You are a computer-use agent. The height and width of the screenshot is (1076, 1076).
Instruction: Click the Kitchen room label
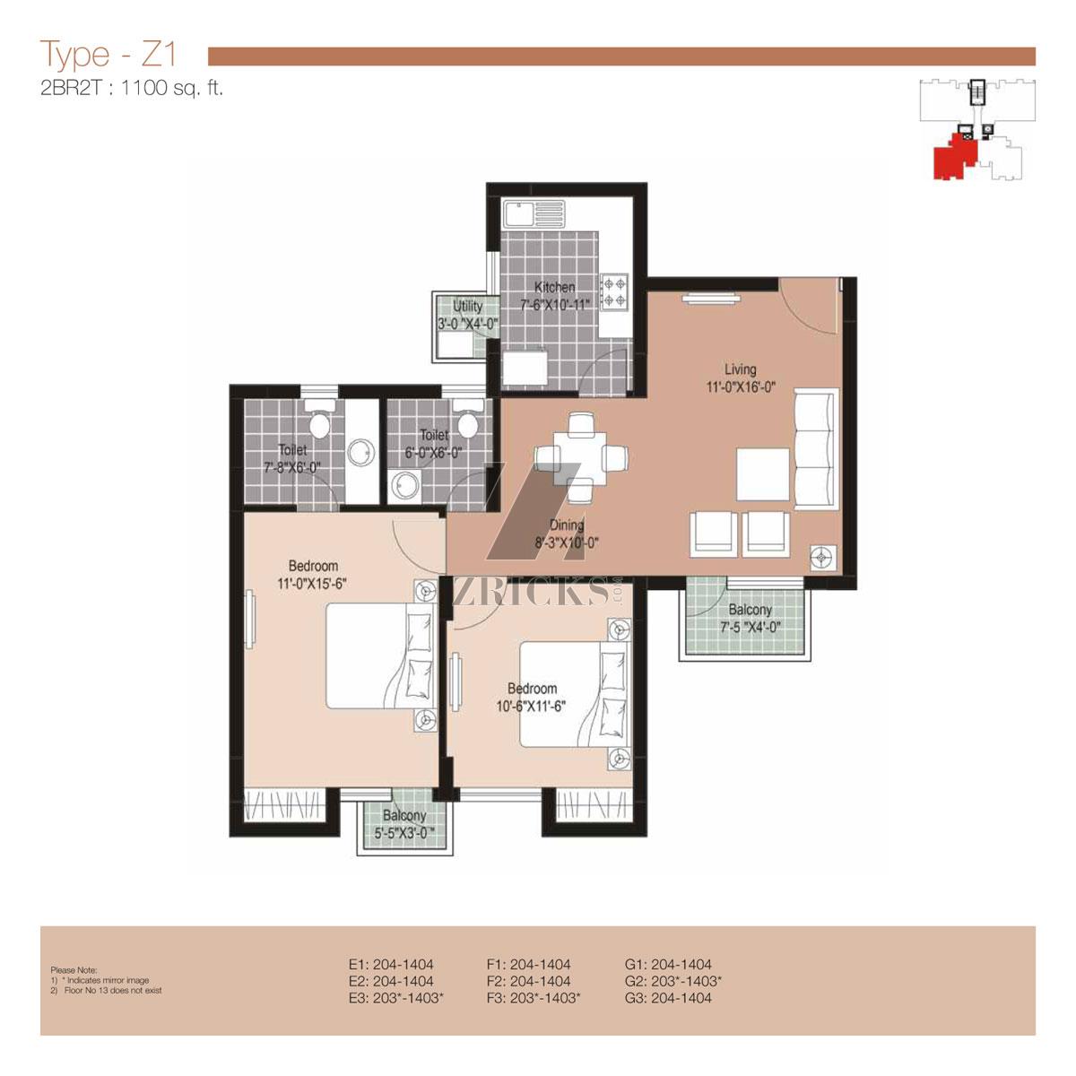click(x=554, y=287)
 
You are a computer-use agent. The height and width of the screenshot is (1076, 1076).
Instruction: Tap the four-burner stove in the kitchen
click(x=614, y=292)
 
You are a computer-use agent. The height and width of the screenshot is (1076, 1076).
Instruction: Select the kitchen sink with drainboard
click(x=534, y=214)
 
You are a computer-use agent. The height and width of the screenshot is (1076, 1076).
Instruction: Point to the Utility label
click(x=467, y=306)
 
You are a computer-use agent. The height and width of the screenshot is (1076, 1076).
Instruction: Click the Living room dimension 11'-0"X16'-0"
click(x=741, y=387)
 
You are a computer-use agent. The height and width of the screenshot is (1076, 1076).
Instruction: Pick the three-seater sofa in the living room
click(x=816, y=448)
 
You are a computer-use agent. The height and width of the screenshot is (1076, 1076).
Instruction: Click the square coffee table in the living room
click(x=763, y=474)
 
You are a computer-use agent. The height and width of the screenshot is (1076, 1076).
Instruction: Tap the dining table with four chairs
click(x=581, y=457)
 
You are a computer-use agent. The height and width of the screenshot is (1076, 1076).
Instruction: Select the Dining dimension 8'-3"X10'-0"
click(x=567, y=542)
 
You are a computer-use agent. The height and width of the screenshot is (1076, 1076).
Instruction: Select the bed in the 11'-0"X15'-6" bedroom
click(x=380, y=655)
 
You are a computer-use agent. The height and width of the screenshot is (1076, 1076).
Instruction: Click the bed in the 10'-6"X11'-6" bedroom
click(x=576, y=694)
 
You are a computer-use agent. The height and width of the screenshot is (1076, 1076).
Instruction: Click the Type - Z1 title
click(x=108, y=55)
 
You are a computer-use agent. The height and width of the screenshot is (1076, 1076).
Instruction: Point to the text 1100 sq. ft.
click(x=172, y=88)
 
